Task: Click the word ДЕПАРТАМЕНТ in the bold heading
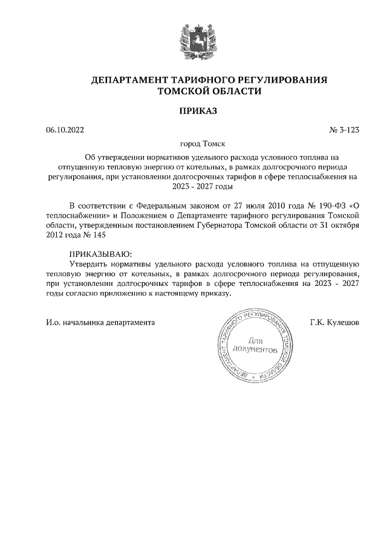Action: [x=127, y=80]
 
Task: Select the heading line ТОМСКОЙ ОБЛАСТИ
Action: [x=193, y=92]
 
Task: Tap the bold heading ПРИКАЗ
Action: [x=193, y=111]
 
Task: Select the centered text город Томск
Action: [x=193, y=144]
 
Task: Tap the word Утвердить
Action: [x=89, y=264]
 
